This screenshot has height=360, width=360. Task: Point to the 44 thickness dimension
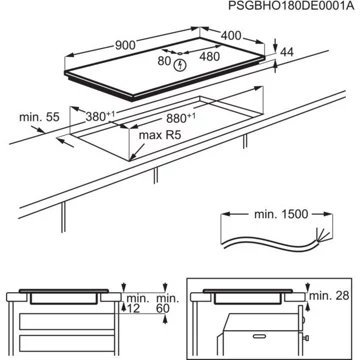pos(287,51)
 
